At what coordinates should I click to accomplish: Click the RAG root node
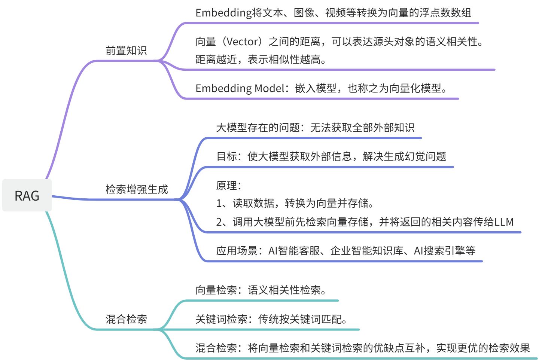(x=27, y=195)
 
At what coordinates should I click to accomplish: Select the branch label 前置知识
(x=126, y=51)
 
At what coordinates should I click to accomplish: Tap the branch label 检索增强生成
(x=137, y=189)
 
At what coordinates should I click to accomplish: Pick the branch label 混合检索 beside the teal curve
(x=126, y=319)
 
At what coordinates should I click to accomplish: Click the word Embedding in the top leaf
(x=223, y=13)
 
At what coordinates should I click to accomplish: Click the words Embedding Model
(x=240, y=88)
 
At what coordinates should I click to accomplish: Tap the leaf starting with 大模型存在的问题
(x=315, y=128)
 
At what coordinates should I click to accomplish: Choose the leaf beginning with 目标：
(x=331, y=156)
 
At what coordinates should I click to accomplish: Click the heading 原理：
(x=229, y=185)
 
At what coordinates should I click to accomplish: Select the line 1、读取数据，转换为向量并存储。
(x=295, y=203)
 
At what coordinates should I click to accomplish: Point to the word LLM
(x=504, y=222)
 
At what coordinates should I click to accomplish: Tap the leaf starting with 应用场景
(x=345, y=251)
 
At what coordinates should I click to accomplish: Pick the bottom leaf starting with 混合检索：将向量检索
(x=362, y=348)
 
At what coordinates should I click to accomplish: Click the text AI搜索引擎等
(x=445, y=251)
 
